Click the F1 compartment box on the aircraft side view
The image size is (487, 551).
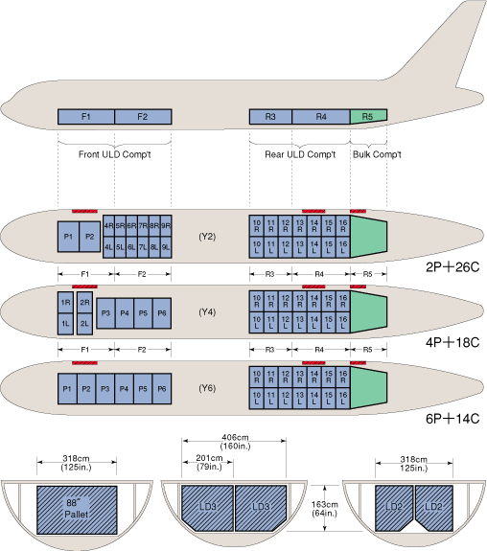(x=86, y=117)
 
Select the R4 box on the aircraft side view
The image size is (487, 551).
(x=321, y=117)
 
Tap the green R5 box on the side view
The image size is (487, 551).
(x=368, y=116)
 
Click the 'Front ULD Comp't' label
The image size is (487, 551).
(x=115, y=154)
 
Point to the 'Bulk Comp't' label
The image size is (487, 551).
(x=377, y=154)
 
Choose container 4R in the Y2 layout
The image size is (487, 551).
(x=108, y=226)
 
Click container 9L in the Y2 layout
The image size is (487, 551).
(x=166, y=247)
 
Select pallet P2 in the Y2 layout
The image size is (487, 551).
(x=90, y=237)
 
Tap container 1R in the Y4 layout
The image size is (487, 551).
(x=66, y=303)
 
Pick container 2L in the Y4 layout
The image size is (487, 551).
(x=84, y=324)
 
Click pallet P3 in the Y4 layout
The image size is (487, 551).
(x=105, y=313)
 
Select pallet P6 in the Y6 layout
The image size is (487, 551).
(x=162, y=389)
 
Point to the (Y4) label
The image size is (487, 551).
(x=207, y=312)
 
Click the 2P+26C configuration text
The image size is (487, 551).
(x=452, y=267)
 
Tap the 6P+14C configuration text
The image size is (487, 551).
(x=452, y=419)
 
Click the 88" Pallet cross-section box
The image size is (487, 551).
(x=77, y=510)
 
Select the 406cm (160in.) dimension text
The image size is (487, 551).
(x=235, y=442)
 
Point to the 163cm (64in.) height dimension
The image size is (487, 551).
(x=324, y=509)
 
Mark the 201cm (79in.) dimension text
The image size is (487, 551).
(x=209, y=462)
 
